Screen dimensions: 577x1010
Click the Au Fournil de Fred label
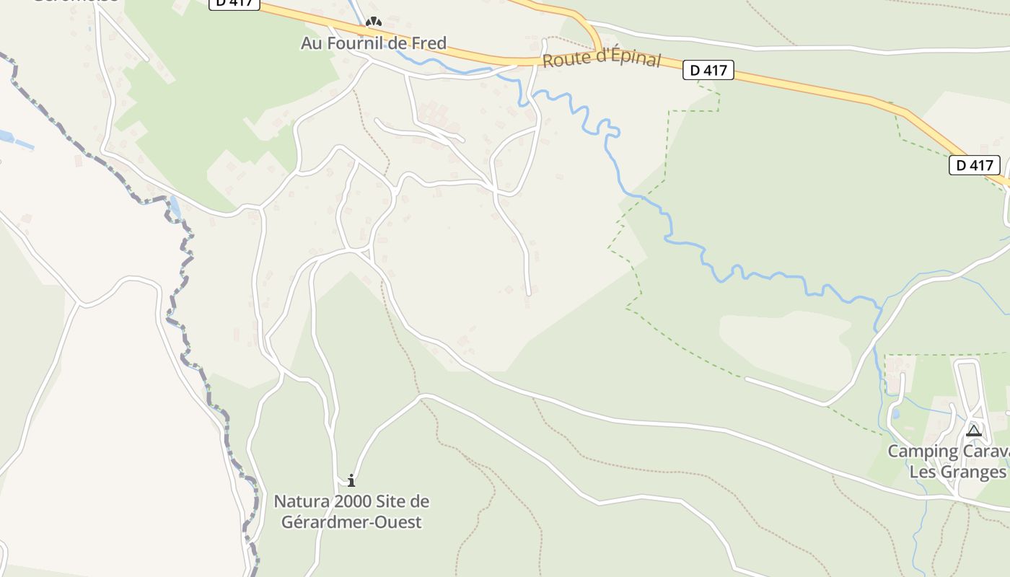point(374,43)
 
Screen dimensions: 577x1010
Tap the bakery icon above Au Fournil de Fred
point(373,22)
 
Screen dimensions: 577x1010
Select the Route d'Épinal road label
point(601,58)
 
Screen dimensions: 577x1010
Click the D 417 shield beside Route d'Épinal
point(708,70)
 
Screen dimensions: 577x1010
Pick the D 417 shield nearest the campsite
point(974,165)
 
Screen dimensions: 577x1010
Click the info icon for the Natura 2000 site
point(351,480)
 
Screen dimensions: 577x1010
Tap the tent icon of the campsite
point(974,431)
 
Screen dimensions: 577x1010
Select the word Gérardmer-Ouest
point(347,521)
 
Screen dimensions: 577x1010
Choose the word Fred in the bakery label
point(429,43)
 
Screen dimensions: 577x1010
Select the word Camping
point(918,452)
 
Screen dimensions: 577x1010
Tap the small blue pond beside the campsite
point(895,415)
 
